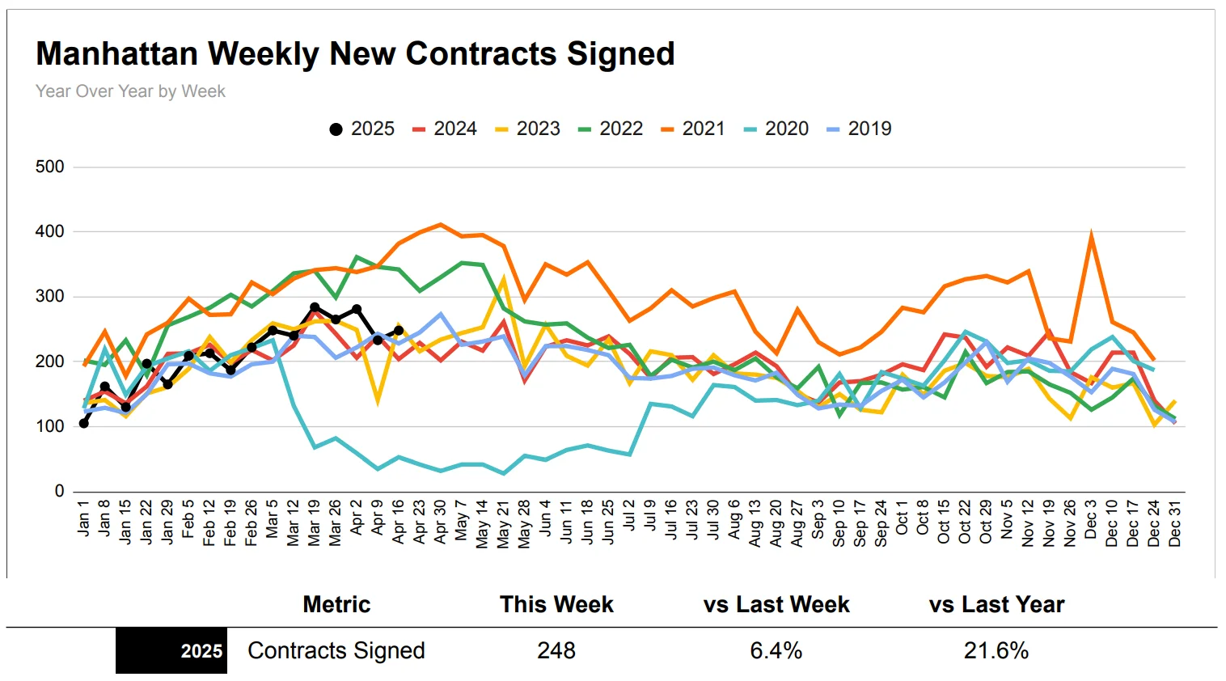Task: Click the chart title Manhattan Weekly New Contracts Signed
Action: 355,54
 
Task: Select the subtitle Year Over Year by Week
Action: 130,91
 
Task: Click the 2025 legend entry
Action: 361,129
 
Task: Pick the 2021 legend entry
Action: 693,129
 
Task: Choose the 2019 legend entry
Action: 859,129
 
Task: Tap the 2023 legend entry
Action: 527,129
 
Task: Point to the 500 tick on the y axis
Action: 50,167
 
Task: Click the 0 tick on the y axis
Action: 59,491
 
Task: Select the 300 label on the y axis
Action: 50,296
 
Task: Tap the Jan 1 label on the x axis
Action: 83,518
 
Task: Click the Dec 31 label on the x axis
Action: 1175,522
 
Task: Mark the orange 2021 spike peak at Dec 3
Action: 1092,235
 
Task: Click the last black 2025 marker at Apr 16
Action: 399,330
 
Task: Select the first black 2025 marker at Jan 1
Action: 84,423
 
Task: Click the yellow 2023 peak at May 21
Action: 504,279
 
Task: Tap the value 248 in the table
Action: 556,651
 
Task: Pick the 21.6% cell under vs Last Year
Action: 996,651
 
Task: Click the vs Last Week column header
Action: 776,605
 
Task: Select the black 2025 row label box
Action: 171,651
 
